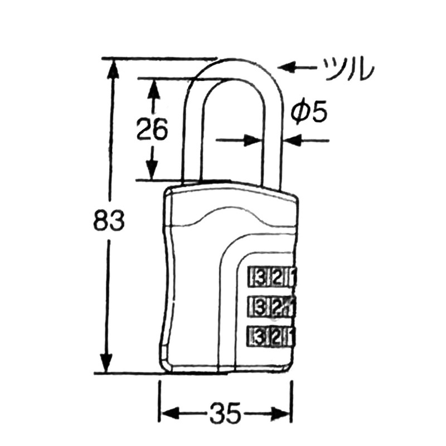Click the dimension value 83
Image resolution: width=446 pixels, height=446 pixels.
pyautogui.click(x=108, y=221)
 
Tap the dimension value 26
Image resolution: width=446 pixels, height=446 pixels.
pyautogui.click(x=152, y=130)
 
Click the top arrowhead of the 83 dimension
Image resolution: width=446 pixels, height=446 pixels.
pyautogui.click(x=113, y=67)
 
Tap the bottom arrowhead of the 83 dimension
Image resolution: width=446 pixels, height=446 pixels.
pyautogui.click(x=113, y=363)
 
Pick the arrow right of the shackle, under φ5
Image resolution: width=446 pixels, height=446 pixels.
pyautogui.click(x=301, y=140)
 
